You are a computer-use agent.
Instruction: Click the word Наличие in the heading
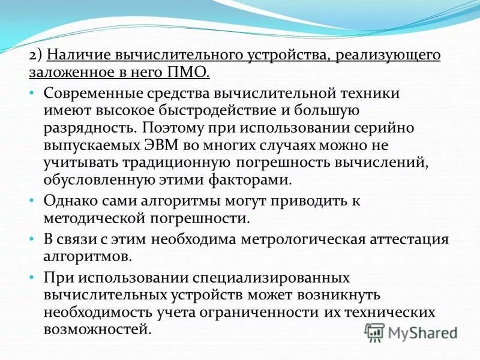(x=74, y=56)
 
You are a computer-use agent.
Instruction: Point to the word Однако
(x=68, y=202)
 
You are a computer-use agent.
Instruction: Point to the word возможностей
(x=94, y=331)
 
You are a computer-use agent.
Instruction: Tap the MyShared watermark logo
(x=411, y=332)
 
